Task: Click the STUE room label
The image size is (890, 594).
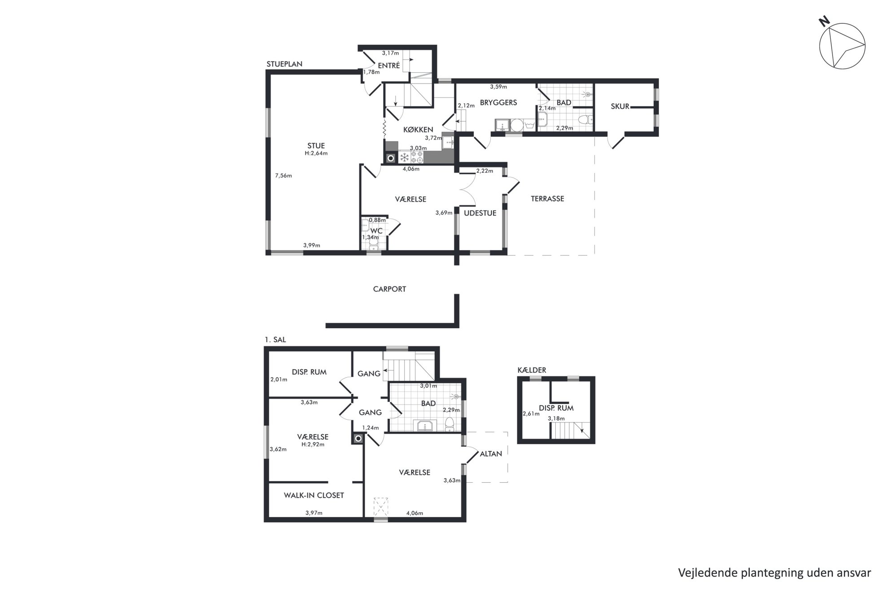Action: click(316, 145)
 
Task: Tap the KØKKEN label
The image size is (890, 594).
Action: click(418, 130)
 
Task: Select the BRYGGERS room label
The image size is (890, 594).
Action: click(498, 102)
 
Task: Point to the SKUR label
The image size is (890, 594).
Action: click(620, 106)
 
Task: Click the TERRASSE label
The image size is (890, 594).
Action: click(547, 198)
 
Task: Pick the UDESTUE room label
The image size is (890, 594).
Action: click(480, 213)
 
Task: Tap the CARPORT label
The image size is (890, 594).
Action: click(389, 289)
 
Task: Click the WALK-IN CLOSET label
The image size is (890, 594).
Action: click(314, 495)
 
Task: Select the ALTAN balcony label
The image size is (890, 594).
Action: click(491, 454)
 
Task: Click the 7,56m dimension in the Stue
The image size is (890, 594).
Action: click(284, 176)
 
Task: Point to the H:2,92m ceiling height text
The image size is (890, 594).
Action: click(313, 444)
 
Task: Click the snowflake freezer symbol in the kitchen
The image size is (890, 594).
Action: click(404, 158)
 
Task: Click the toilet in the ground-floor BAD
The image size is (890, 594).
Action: click(585, 120)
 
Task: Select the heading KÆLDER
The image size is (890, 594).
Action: click(532, 370)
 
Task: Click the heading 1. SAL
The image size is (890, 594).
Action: click(275, 340)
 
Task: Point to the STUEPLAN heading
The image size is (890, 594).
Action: click(284, 64)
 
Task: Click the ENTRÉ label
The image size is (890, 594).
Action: click(388, 66)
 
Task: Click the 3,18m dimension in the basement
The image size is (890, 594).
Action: click(556, 418)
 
